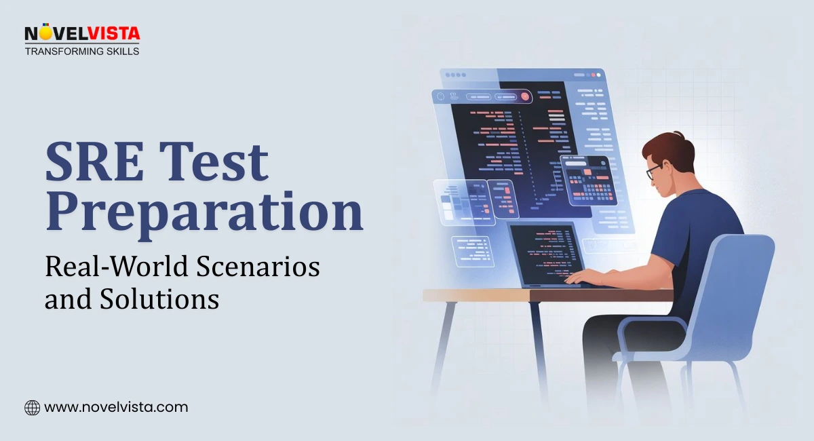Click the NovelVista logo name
pos(82,34)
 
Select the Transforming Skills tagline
pos(82,51)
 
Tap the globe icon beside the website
pos(32,408)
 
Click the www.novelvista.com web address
pos(116,408)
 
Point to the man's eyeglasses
pos(653,171)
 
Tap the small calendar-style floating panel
pos(583,180)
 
